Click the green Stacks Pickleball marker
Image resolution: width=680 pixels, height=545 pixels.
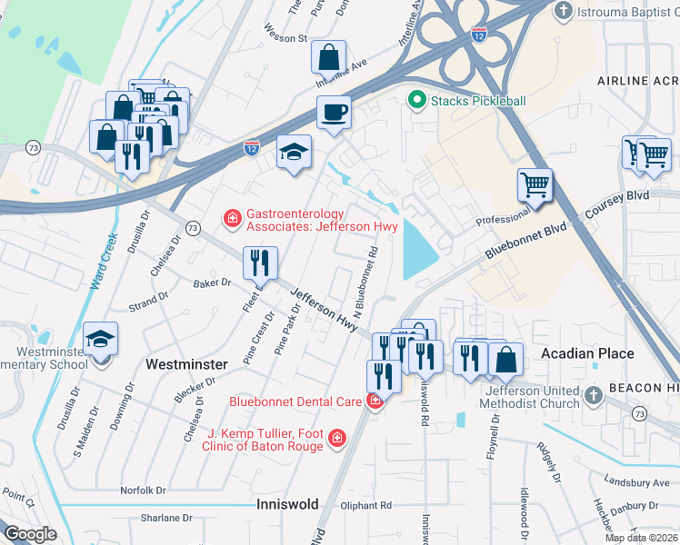(x=417, y=100)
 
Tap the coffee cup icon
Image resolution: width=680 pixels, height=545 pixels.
(x=334, y=114)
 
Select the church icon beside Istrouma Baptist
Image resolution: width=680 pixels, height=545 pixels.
(x=564, y=11)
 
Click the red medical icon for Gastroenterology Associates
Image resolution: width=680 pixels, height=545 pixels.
(x=232, y=218)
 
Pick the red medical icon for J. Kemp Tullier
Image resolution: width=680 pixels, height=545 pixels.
(x=336, y=439)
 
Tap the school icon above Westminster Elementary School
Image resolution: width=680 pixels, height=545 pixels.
(x=100, y=340)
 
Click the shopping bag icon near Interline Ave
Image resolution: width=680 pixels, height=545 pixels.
(x=328, y=57)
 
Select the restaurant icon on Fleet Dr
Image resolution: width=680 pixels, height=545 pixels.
(x=260, y=263)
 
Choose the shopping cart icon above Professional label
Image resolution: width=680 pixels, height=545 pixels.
(x=535, y=185)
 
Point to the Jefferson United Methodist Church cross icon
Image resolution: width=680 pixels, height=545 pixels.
(x=593, y=396)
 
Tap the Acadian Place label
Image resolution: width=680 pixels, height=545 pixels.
(x=580, y=352)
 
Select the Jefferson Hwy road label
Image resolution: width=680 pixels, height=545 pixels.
(x=325, y=310)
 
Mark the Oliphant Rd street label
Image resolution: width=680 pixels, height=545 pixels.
(x=367, y=505)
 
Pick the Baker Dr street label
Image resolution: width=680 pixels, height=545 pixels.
(x=212, y=283)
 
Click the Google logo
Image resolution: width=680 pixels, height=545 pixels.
(x=30, y=534)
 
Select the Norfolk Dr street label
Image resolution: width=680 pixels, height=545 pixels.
(x=143, y=490)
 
